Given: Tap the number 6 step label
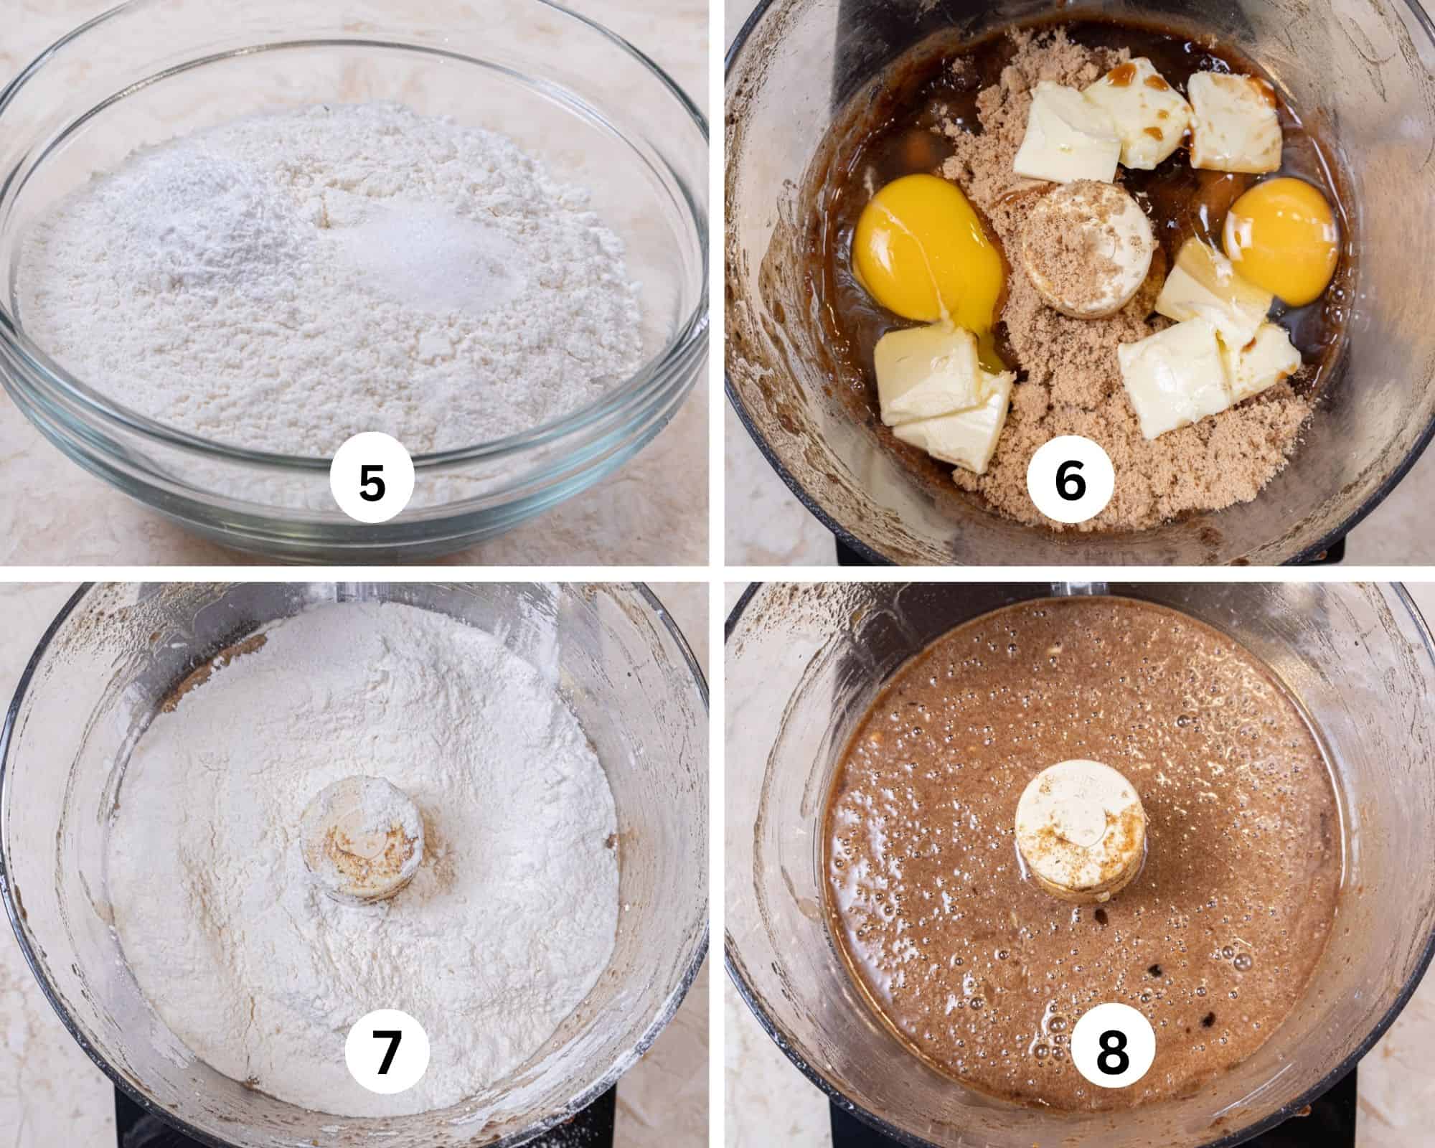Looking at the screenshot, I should click(x=1070, y=482).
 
